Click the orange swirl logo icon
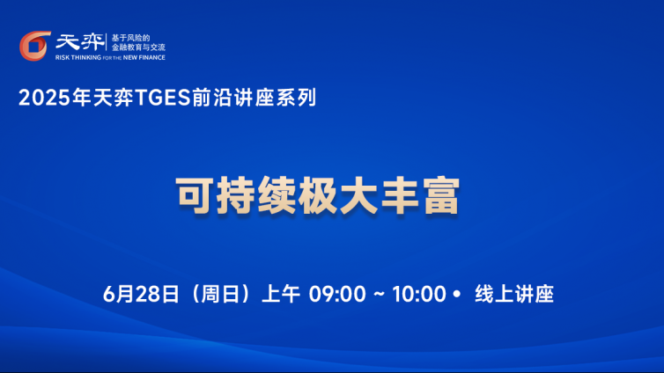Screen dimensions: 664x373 pyautogui.click(x=34, y=46)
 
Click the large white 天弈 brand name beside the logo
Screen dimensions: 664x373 pyautogui.click(x=80, y=42)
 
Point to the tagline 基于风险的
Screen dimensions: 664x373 pyautogui.click(x=131, y=38)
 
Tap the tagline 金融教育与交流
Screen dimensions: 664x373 pyautogui.click(x=138, y=48)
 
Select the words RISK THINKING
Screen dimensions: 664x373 pyautogui.click(x=78, y=57)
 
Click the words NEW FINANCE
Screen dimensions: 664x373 pyautogui.click(x=144, y=57)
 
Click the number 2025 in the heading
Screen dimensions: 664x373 pyautogui.click(x=44, y=98)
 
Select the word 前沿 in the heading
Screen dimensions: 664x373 pyautogui.click(x=212, y=98)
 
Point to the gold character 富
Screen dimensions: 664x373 pyautogui.click(x=442, y=195)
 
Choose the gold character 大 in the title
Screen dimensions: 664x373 pyautogui.click(x=359, y=195)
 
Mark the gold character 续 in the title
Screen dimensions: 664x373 pyautogui.click(x=277, y=195)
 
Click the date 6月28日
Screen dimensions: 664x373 pyautogui.click(x=141, y=294)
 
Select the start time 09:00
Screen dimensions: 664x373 pyautogui.click(x=337, y=294)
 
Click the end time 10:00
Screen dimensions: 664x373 pyautogui.click(x=419, y=294)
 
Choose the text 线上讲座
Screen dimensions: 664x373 pyautogui.click(x=514, y=294)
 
